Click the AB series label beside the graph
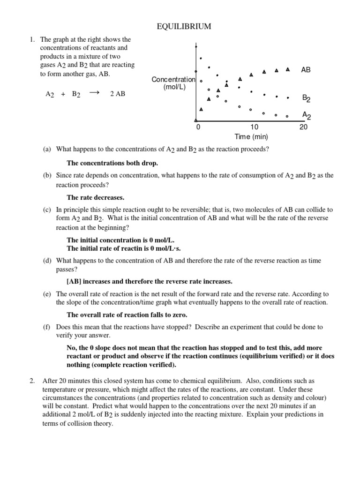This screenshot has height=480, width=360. coord(306,70)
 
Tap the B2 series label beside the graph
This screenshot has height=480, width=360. coord(306,98)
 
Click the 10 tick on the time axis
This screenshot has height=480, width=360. coord(254,127)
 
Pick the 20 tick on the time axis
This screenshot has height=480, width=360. coord(303,127)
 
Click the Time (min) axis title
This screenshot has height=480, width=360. coord(251,137)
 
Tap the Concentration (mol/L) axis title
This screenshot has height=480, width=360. coord(173,83)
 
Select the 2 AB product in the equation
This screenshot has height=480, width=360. coord(118,94)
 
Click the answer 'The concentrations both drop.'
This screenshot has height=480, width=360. coord(112,163)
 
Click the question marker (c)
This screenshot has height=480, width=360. coord(47,210)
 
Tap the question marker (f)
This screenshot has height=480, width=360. coord(46,327)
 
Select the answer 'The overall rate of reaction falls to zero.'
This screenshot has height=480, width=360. coord(130,315)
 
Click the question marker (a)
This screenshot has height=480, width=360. coord(47,150)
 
